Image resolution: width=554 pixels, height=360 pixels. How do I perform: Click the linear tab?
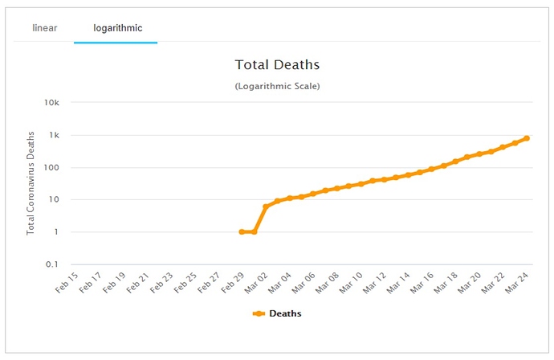[x=44, y=28]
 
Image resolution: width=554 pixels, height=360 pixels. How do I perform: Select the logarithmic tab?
[x=117, y=28]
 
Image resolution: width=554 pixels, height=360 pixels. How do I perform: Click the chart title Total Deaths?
[x=276, y=64]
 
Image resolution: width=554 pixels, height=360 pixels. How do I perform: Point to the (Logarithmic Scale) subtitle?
[x=277, y=86]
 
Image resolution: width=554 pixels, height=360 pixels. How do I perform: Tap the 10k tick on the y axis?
[x=52, y=103]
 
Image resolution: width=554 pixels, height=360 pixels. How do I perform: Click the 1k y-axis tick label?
[x=55, y=135]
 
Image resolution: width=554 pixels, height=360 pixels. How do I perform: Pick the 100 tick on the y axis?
[x=52, y=167]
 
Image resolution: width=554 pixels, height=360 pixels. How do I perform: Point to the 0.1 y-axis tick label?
[x=52, y=264]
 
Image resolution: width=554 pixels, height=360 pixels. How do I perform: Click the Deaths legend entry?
[x=279, y=313]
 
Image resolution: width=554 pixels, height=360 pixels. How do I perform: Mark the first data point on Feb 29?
[x=242, y=231]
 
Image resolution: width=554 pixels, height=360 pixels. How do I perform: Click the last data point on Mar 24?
[x=527, y=138]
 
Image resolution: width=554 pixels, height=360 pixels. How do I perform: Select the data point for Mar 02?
[x=266, y=207]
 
